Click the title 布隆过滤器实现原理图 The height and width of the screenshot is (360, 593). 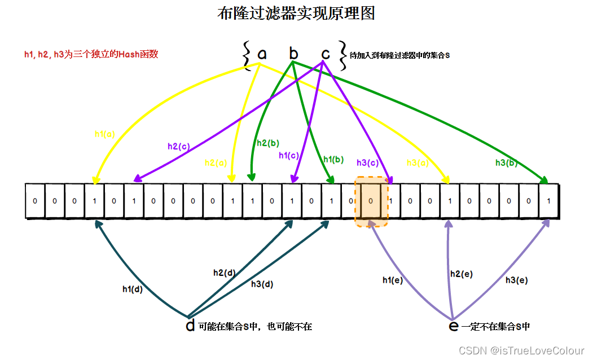pyautogui.click(x=296, y=14)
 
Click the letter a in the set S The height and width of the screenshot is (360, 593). pyautogui.click(x=262, y=54)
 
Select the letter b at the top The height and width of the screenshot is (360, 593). pyautogui.click(x=293, y=53)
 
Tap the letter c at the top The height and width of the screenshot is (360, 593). pyautogui.click(x=326, y=54)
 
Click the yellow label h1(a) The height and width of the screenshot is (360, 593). pyautogui.click(x=105, y=134)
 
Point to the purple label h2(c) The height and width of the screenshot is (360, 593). pyautogui.click(x=179, y=146)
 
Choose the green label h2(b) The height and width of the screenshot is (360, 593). pyautogui.click(x=268, y=143)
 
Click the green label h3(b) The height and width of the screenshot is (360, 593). pyautogui.click(x=507, y=163)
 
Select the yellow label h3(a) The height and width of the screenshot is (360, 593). pyautogui.click(x=418, y=163)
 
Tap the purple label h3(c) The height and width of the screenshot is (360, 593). pyautogui.click(x=367, y=163)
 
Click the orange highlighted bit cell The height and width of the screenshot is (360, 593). pyautogui.click(x=371, y=201)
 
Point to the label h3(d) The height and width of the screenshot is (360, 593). pyautogui.click(x=262, y=284)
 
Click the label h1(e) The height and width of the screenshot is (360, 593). pyautogui.click(x=393, y=280)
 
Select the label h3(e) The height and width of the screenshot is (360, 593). pyautogui.click(x=517, y=280)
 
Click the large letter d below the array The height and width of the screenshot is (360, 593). pyautogui.click(x=190, y=326)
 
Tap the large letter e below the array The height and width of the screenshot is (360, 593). pyautogui.click(x=453, y=326)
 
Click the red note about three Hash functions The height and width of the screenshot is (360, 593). pyautogui.click(x=91, y=54)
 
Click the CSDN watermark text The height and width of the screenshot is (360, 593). pyautogui.click(x=521, y=351)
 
